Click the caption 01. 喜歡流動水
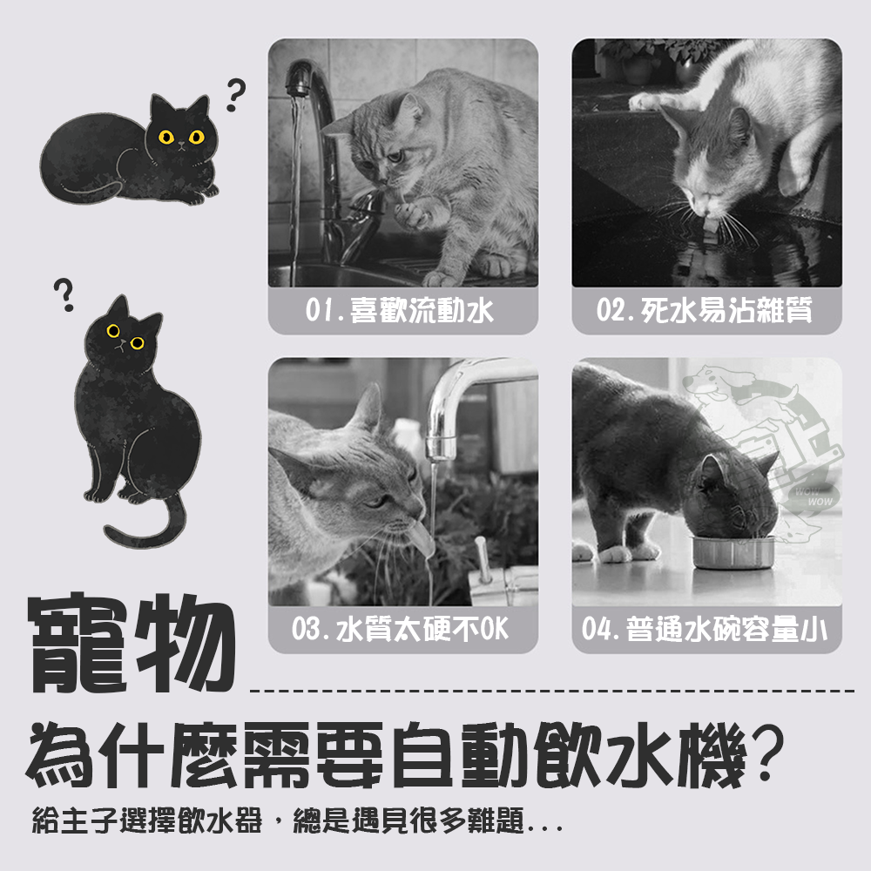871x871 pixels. [x=399, y=310]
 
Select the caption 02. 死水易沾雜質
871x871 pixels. [x=705, y=310]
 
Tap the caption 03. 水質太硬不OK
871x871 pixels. [x=400, y=629]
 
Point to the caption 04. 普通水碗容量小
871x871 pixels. [x=705, y=629]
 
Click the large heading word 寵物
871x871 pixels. [x=132, y=644]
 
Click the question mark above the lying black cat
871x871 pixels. [x=235, y=95]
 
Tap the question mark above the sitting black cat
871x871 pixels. [x=64, y=294]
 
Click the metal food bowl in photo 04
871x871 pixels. [x=733, y=552]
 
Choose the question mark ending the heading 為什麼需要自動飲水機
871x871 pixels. [x=766, y=753]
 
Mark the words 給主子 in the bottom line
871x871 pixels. [x=75, y=820]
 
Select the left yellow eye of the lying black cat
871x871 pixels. [x=166, y=137]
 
